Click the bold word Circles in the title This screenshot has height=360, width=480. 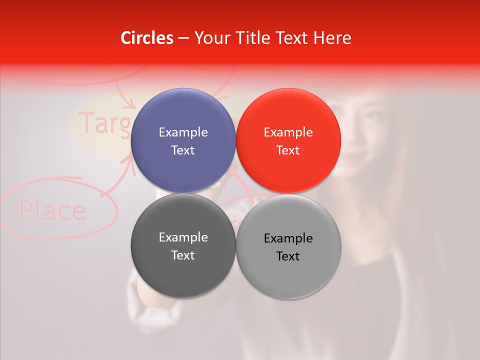click(x=147, y=38)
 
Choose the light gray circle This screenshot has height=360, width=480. click(x=288, y=275)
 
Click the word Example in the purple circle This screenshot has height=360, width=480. click(x=183, y=132)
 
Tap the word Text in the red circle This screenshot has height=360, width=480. click(x=288, y=150)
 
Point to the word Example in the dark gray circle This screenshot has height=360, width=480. click(x=183, y=237)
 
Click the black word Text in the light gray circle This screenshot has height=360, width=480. click(x=288, y=256)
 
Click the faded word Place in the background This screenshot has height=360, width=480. click(x=53, y=210)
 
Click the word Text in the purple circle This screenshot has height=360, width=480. click(x=183, y=150)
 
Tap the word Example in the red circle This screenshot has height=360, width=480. click(x=288, y=132)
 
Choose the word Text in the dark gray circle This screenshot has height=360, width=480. click(x=183, y=255)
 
